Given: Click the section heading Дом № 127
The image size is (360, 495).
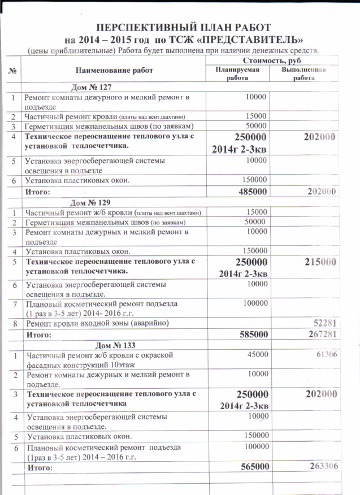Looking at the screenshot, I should (90, 87).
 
